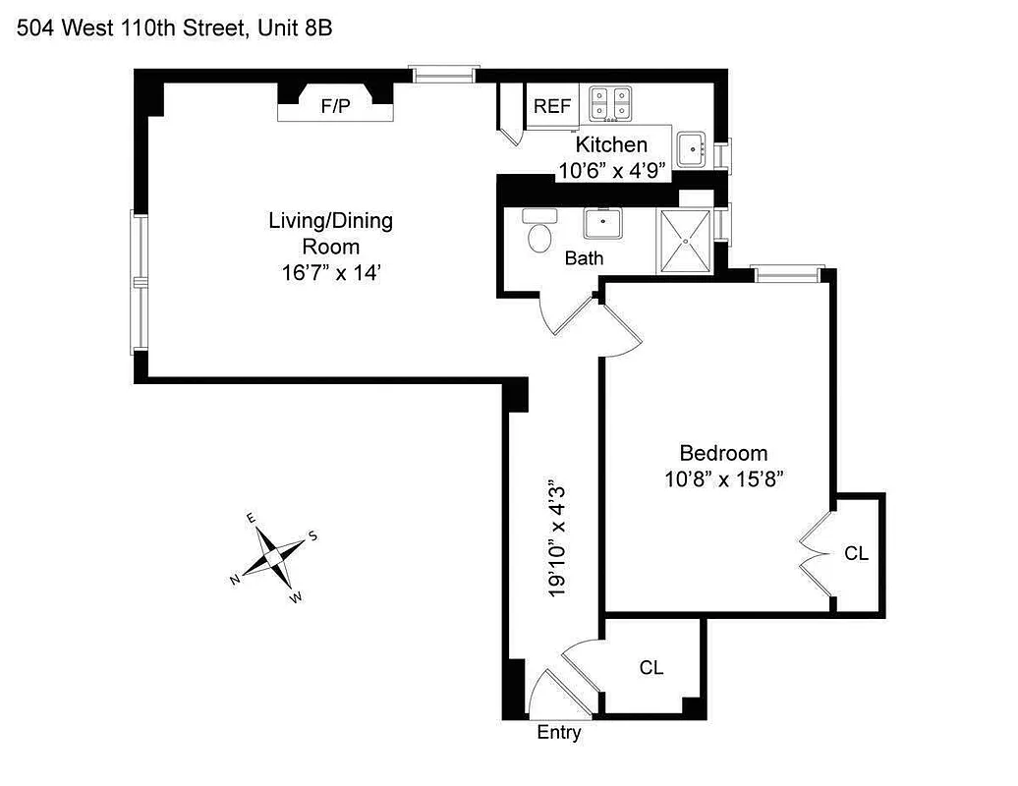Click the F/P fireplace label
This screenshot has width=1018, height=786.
[335, 106]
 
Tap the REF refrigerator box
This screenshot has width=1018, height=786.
[552, 106]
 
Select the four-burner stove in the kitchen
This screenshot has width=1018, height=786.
[611, 103]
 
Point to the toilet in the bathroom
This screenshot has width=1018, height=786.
[539, 235]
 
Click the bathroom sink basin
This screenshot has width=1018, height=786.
[601, 223]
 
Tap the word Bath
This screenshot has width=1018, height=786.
[584, 259]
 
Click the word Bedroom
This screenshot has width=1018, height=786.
[723, 453]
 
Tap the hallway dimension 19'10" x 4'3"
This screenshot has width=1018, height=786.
[558, 538]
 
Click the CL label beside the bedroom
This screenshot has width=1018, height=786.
[856, 554]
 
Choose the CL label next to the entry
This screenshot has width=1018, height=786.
[650, 668]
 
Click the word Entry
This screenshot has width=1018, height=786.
[559, 733]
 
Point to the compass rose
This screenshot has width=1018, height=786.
[272, 557]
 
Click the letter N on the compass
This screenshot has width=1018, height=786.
[236, 581]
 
